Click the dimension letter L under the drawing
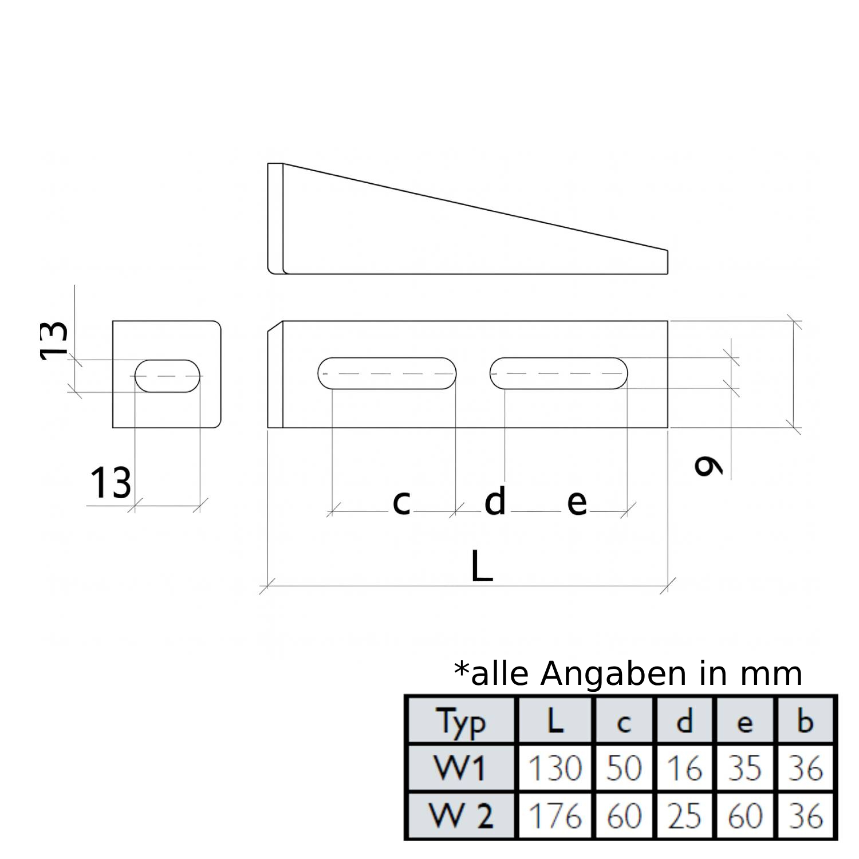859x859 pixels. click(x=482, y=566)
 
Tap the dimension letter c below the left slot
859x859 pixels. click(x=402, y=502)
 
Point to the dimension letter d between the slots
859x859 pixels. click(x=495, y=501)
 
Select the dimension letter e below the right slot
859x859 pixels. click(x=577, y=502)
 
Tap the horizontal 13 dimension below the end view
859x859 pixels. click(x=111, y=482)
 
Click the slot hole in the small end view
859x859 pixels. click(x=168, y=376)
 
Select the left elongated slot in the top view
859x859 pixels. click(x=387, y=373)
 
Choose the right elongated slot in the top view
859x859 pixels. click(x=558, y=373)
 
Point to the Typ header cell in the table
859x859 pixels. click(x=461, y=722)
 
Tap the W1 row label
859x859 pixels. click(x=460, y=768)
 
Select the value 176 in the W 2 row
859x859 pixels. click(x=554, y=815)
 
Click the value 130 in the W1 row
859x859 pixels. click(x=554, y=768)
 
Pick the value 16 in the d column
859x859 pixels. click(x=685, y=768)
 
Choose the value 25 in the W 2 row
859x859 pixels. click(x=685, y=815)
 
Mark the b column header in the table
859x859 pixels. click(x=805, y=722)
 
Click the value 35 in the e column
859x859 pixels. click(x=744, y=768)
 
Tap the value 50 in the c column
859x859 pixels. click(x=624, y=768)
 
